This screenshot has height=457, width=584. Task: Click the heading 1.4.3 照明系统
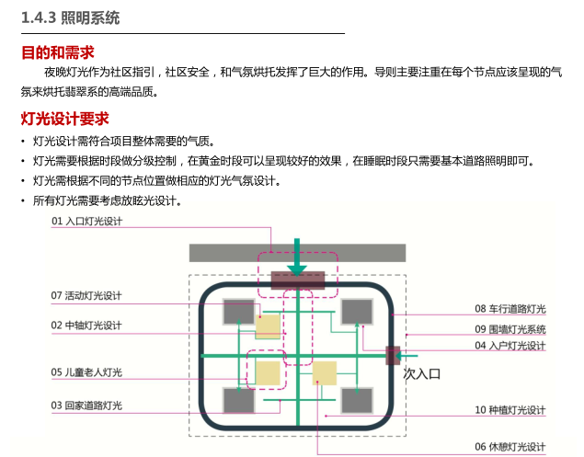click(70, 17)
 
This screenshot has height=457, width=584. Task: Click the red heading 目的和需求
click(57, 52)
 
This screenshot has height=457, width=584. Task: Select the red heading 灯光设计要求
click(65, 119)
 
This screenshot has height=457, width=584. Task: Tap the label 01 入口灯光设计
click(86, 222)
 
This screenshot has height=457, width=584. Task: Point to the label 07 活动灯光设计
click(86, 296)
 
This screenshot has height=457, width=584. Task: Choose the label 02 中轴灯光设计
click(86, 326)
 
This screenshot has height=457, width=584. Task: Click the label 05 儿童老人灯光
click(86, 372)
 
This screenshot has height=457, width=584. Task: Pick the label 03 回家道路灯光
click(86, 406)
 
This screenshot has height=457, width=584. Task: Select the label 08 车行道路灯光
click(510, 309)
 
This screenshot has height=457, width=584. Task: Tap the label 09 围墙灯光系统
click(510, 328)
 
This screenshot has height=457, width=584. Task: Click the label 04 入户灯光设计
click(510, 346)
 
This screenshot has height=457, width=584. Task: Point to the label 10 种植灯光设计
click(510, 410)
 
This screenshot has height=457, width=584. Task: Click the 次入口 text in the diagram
click(423, 374)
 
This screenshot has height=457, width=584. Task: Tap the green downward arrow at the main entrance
click(297, 257)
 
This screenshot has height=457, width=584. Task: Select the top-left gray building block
click(238, 312)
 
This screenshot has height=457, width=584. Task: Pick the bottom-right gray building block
click(357, 400)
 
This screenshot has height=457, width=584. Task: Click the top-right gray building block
click(357, 312)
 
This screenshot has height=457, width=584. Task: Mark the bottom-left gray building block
click(238, 400)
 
